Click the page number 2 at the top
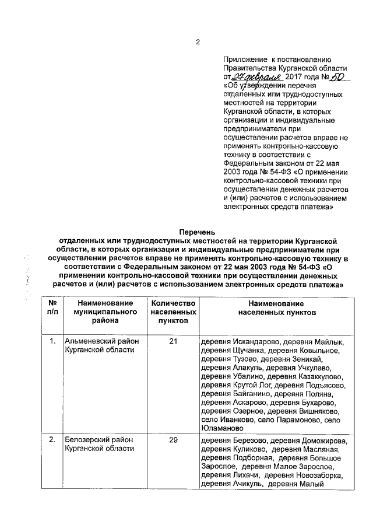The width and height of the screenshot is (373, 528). [x=198, y=42]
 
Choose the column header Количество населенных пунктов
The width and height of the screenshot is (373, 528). [x=173, y=312]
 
